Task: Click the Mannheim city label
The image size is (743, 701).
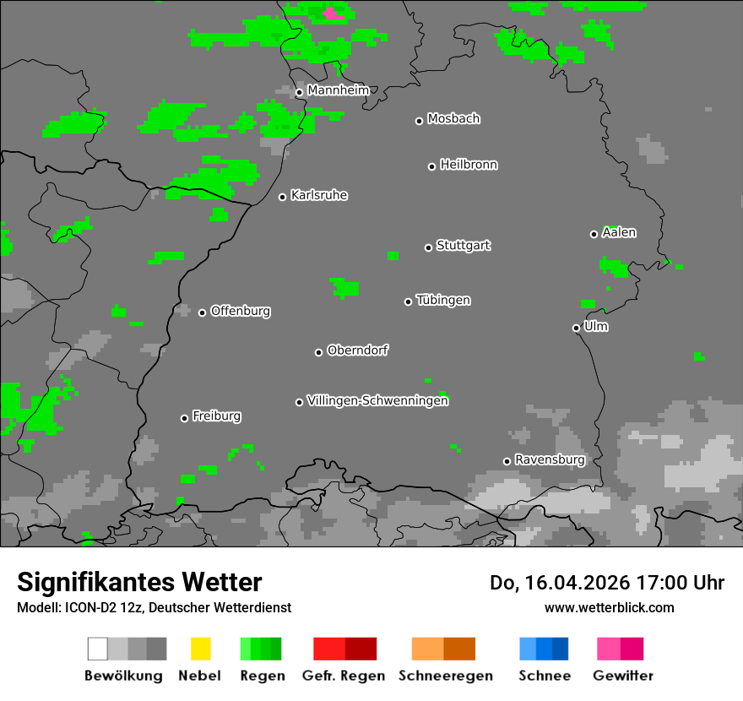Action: click(338, 90)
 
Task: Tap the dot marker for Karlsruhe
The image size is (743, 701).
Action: click(283, 197)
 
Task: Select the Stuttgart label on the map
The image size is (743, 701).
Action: click(463, 246)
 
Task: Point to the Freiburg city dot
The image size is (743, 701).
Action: click(184, 418)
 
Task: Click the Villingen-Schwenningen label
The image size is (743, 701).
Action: click(377, 401)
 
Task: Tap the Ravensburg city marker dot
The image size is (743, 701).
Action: click(507, 461)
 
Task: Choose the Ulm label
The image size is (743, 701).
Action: click(596, 326)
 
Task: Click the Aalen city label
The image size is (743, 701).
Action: click(619, 232)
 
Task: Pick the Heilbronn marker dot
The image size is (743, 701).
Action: click(431, 166)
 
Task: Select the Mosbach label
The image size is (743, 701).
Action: click(453, 119)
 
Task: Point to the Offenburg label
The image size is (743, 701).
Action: click(241, 311)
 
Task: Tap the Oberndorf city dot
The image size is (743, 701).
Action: click(318, 352)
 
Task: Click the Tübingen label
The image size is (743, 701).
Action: click(443, 301)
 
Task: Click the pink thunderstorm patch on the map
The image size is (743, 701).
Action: click(334, 13)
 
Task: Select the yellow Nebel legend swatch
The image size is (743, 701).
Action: click(200, 649)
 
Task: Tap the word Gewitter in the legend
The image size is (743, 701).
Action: click(623, 676)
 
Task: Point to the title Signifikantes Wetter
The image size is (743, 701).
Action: click(139, 582)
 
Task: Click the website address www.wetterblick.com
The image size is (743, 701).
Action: click(609, 607)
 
